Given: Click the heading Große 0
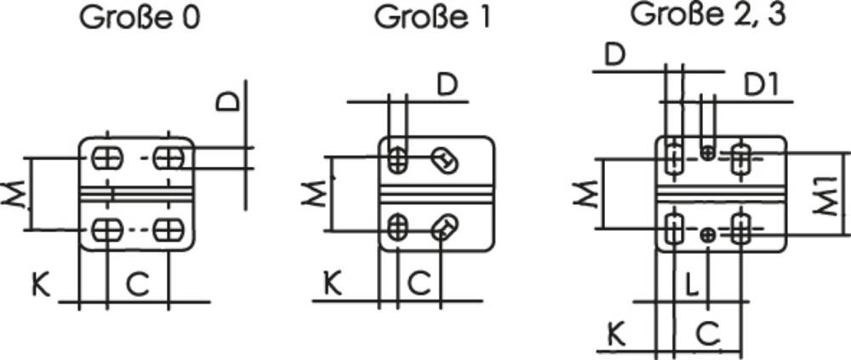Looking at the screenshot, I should tap(140, 19).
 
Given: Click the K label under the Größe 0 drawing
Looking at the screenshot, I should tap(40, 283).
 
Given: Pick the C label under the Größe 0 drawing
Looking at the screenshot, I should tap(138, 283).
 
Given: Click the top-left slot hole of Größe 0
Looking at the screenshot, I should tap(107, 158).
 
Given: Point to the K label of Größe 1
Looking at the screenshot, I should tap(333, 283).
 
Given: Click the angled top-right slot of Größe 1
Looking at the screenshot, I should tap(443, 158).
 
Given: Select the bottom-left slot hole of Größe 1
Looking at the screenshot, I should tap(398, 226).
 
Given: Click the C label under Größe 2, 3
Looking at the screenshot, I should tap(706, 333).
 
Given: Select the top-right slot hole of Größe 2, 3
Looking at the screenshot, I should tap(741, 157).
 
